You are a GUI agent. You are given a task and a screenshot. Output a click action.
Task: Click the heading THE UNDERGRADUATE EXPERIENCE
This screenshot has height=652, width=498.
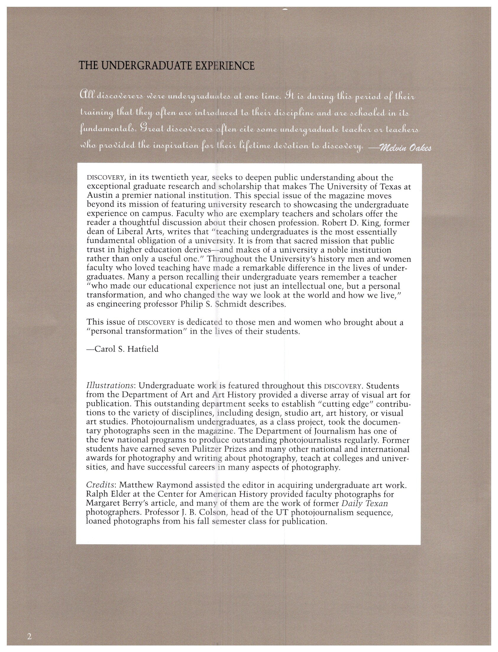(x=166, y=66)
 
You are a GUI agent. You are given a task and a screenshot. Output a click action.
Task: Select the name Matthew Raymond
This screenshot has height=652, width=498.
(x=150, y=485)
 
